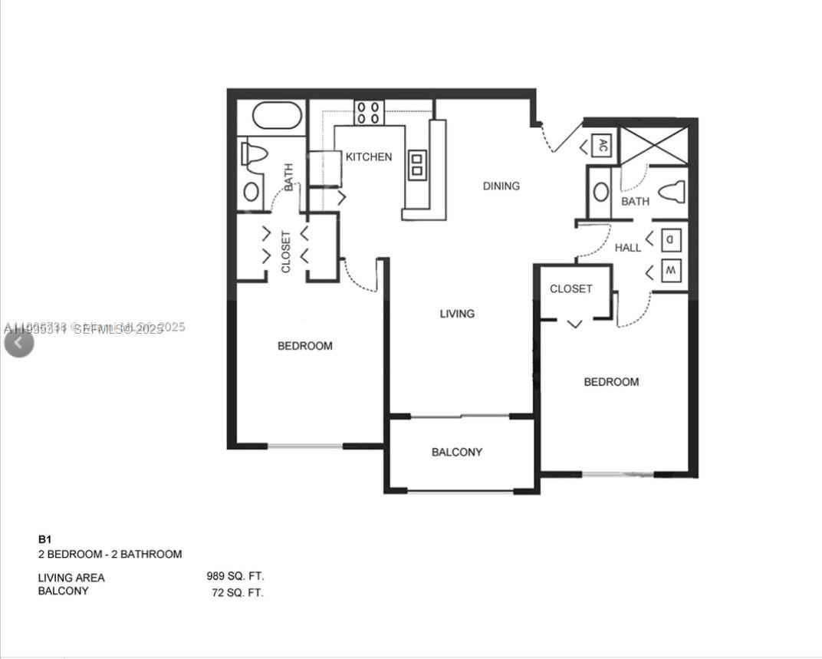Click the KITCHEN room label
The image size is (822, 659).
pyautogui.click(x=369, y=157)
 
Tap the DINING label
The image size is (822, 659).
pyautogui.click(x=501, y=186)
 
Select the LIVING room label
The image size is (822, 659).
pyautogui.click(x=457, y=313)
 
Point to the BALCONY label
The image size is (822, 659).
pyautogui.click(x=457, y=452)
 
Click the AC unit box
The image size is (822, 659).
pyautogui.click(x=603, y=145)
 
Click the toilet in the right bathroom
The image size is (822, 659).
pyautogui.click(x=671, y=191)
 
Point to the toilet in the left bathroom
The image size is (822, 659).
pyautogui.click(x=254, y=155)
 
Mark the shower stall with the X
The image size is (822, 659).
pyautogui.click(x=654, y=145)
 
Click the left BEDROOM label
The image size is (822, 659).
pyautogui.click(x=304, y=346)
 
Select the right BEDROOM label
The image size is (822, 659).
pyautogui.click(x=611, y=382)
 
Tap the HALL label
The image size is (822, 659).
pyautogui.click(x=628, y=248)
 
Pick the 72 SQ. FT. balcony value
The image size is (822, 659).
pyautogui.click(x=238, y=592)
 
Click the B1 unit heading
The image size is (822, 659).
pyautogui.click(x=44, y=539)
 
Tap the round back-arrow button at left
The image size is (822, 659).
pyautogui.click(x=18, y=342)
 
